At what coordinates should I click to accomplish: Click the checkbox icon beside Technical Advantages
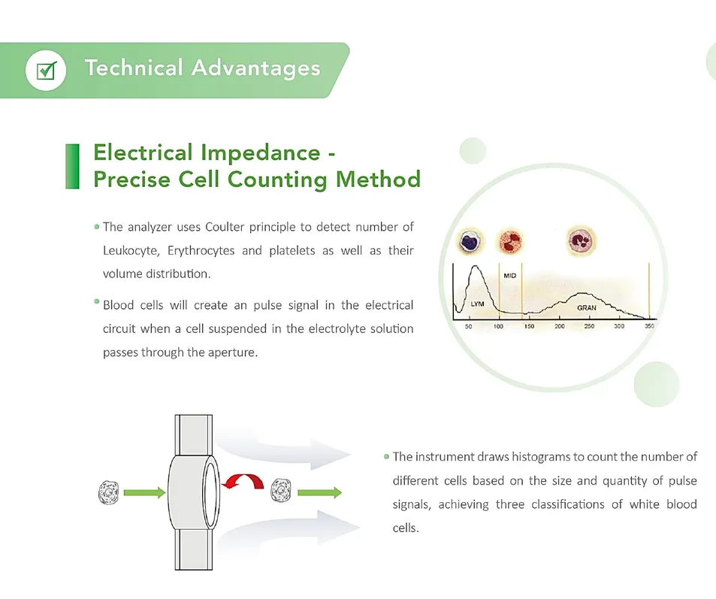(x=46, y=71)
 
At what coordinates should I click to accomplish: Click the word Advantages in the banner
(x=255, y=68)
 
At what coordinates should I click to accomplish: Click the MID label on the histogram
(x=509, y=277)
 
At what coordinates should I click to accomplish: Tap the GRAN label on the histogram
(x=587, y=308)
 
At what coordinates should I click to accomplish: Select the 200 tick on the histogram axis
(x=560, y=327)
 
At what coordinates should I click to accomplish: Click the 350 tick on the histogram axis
(x=649, y=327)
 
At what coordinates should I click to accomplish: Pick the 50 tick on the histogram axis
(x=468, y=327)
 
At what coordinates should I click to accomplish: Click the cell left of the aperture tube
(x=109, y=493)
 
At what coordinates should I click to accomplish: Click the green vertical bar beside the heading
(x=73, y=166)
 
